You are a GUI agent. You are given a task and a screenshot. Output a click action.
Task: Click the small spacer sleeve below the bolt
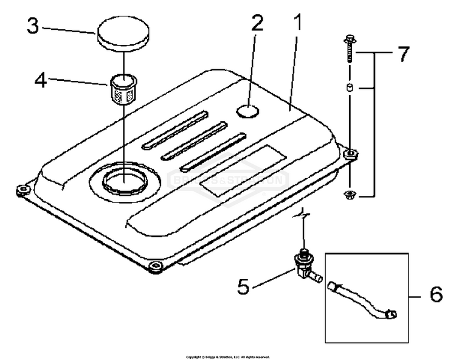[350, 89]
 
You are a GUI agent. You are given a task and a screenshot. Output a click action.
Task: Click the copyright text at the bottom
[227, 357]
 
